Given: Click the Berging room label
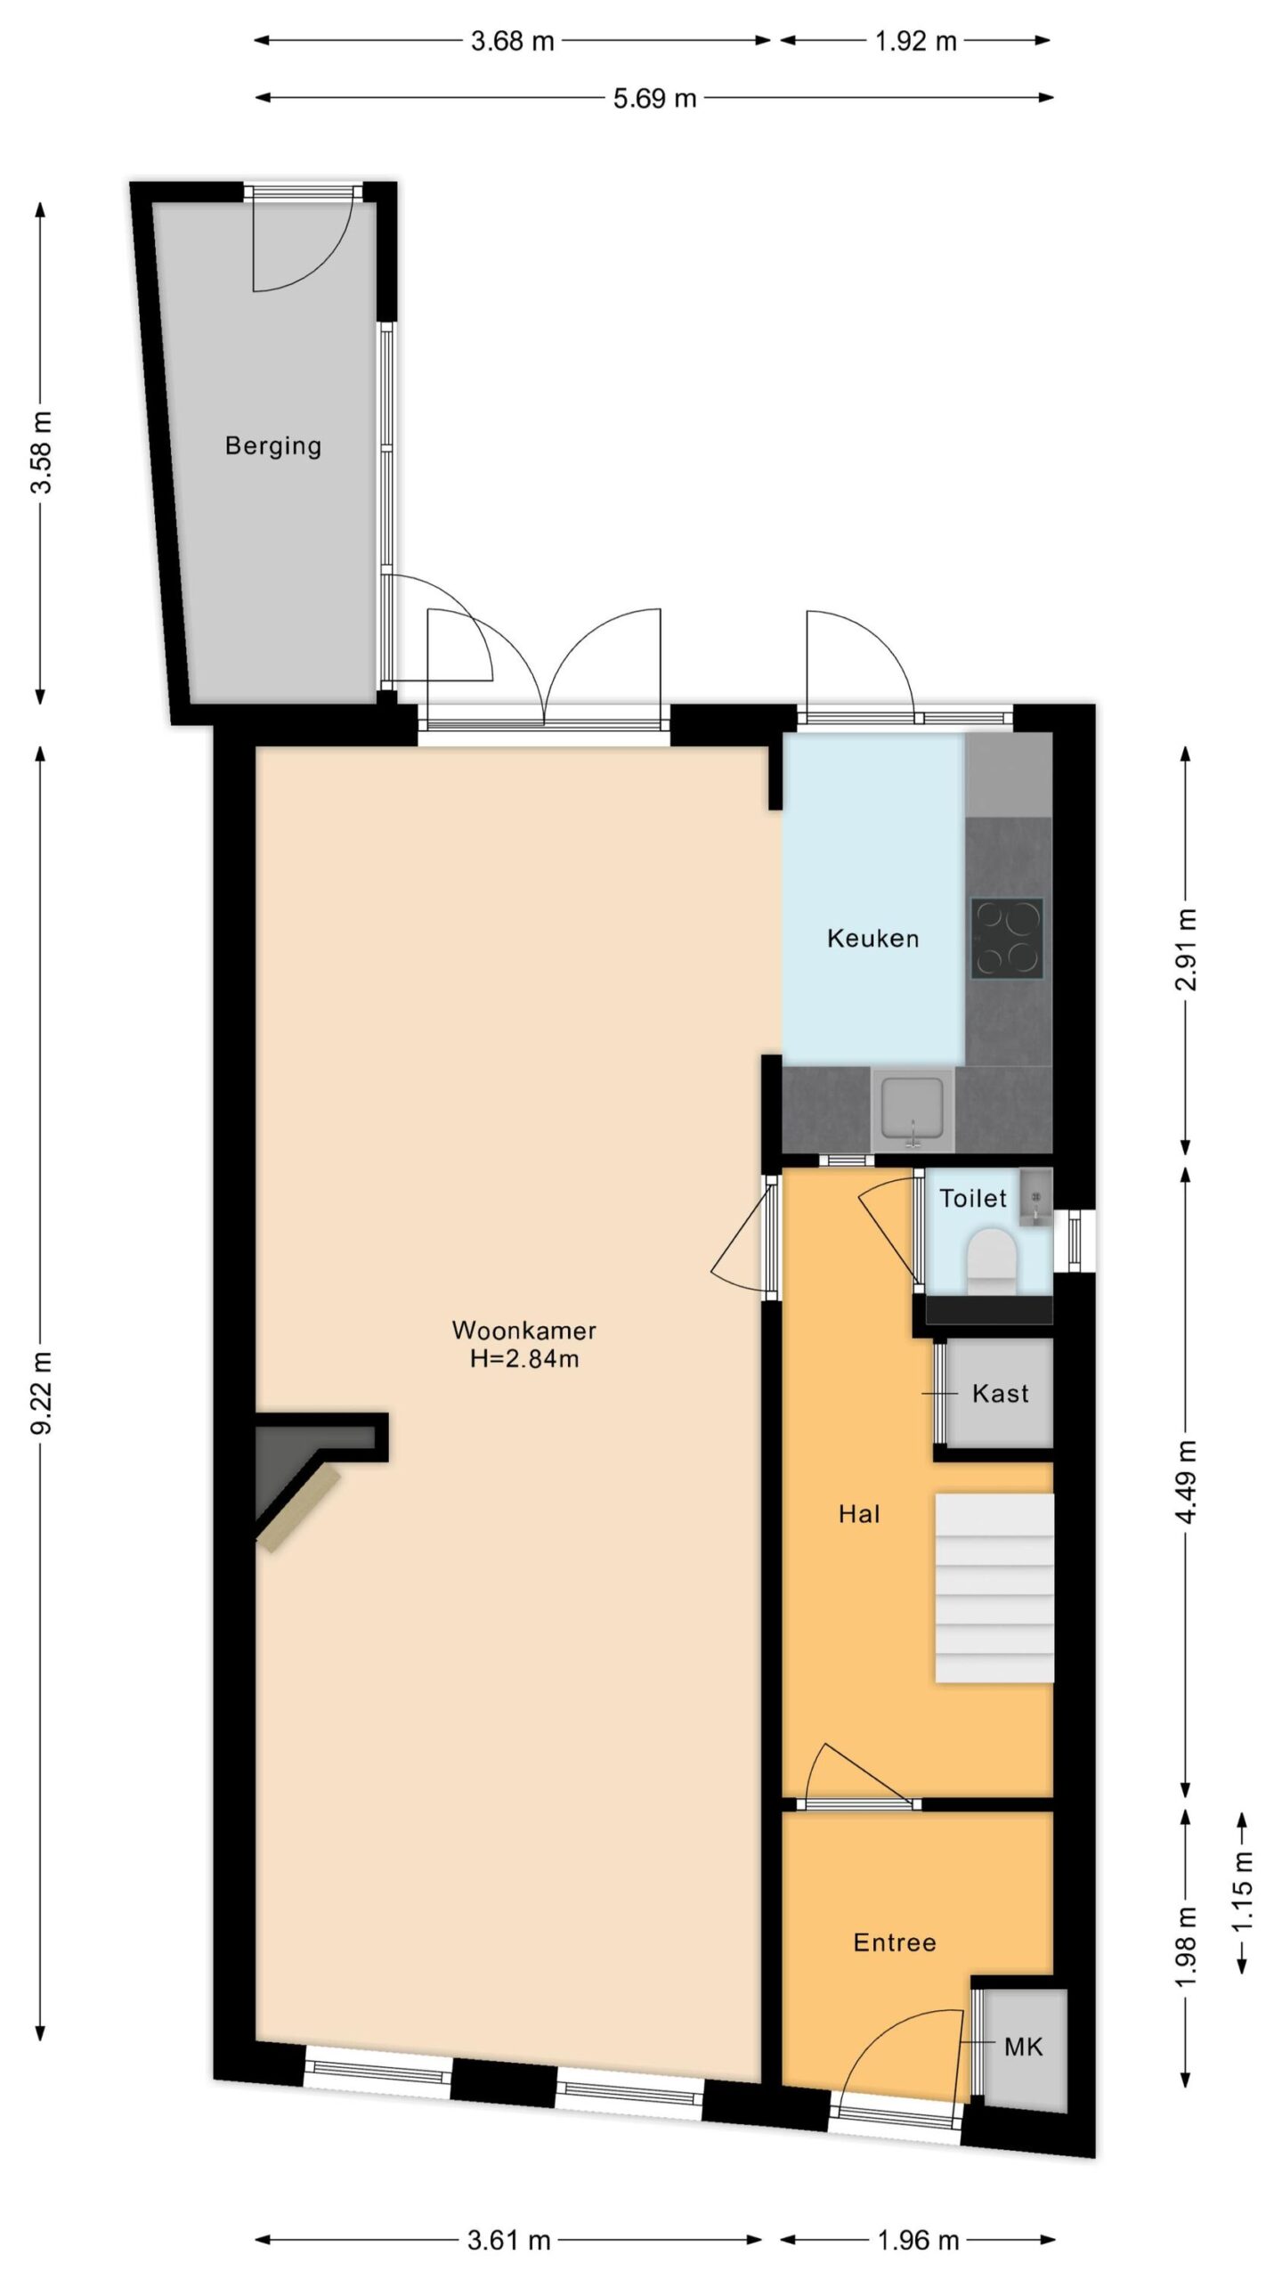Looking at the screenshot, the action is [x=272, y=445].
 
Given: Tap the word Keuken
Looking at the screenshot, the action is [x=872, y=938].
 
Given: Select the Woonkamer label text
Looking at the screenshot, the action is [x=523, y=1330].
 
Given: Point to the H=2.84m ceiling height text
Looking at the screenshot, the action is [x=524, y=1359].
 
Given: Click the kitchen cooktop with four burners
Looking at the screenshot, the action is [x=1007, y=938].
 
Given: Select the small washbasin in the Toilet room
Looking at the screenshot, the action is [x=1035, y=1198].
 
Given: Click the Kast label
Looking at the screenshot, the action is [x=1000, y=1393].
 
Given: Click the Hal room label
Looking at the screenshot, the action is [x=859, y=1514].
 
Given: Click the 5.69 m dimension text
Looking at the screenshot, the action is [x=654, y=98].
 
